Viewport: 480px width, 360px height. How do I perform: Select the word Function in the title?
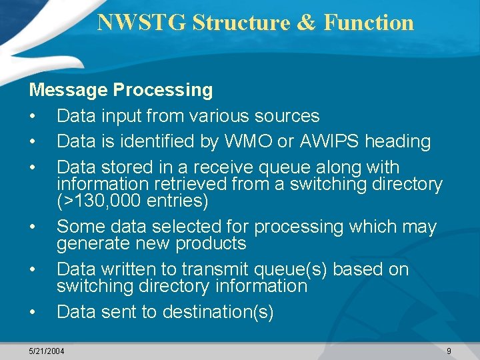point(369,22)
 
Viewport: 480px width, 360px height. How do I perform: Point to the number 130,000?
point(105,200)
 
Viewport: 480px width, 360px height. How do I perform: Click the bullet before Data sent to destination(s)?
point(33,312)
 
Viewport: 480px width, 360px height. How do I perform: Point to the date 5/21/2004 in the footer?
point(47,351)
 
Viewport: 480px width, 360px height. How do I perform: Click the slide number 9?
point(449,351)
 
